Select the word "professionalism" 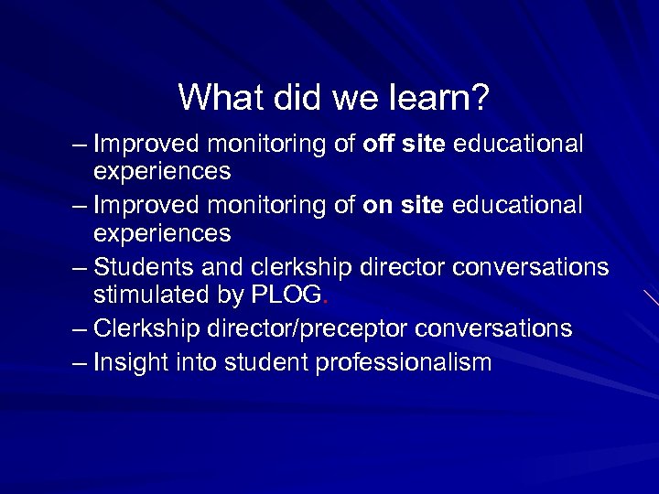coord(404,363)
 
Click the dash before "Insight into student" coord(81,363)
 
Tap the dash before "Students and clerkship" coord(81,268)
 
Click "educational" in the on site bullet coord(517,206)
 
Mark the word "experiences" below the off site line coord(162,172)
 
